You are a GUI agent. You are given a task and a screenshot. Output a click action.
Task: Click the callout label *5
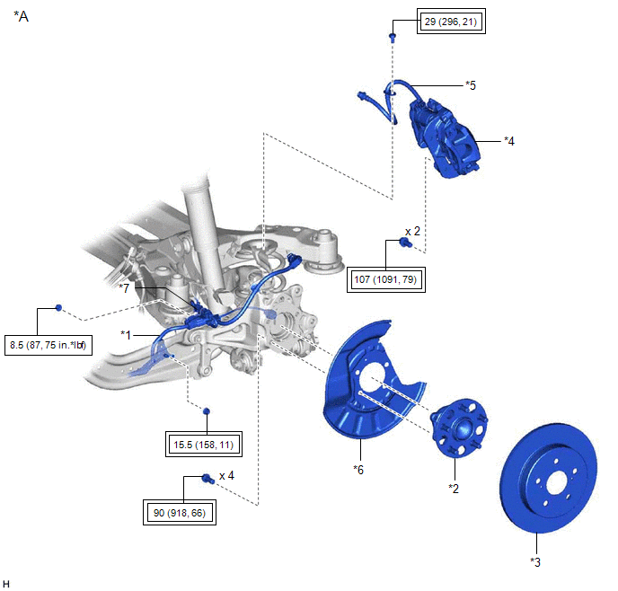[x=470, y=84]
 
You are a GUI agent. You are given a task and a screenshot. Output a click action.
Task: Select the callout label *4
[x=509, y=140]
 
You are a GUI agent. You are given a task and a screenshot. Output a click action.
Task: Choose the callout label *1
[x=128, y=333]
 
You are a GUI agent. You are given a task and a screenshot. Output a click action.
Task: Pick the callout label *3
[x=536, y=563]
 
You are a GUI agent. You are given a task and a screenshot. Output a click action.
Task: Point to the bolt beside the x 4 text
[x=206, y=478]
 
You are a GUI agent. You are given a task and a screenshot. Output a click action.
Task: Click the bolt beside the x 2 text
[x=404, y=243]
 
